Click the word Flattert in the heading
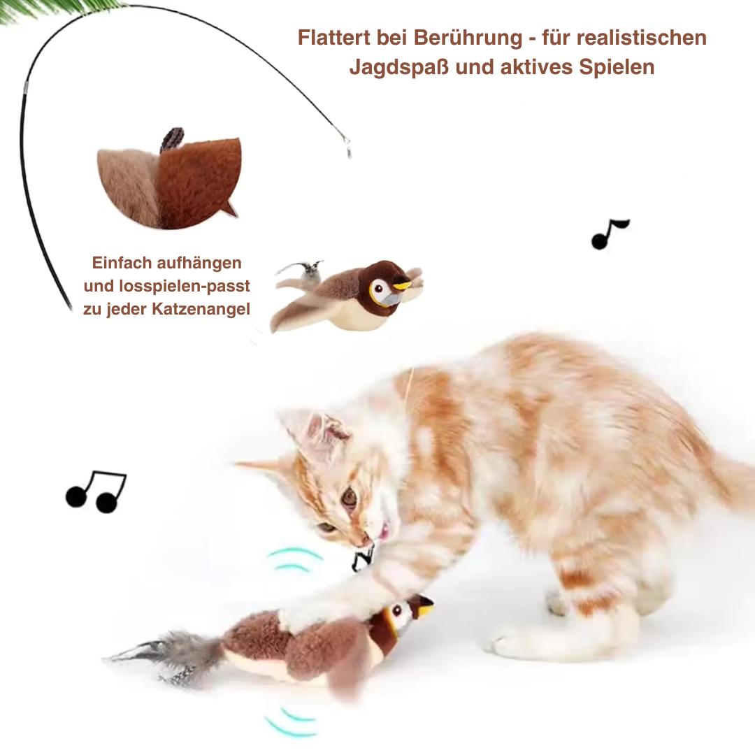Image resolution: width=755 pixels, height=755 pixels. tap(334, 38)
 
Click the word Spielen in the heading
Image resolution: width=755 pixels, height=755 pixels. tap(617, 67)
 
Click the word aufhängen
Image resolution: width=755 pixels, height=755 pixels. tap(200, 263)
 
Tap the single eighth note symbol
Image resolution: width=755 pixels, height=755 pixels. tap(609, 234)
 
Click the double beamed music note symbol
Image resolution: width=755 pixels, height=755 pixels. tap(96, 491)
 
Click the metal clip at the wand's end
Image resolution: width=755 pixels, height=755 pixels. tap(346, 145)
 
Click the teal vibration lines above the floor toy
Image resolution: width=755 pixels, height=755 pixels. tap(294, 559)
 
